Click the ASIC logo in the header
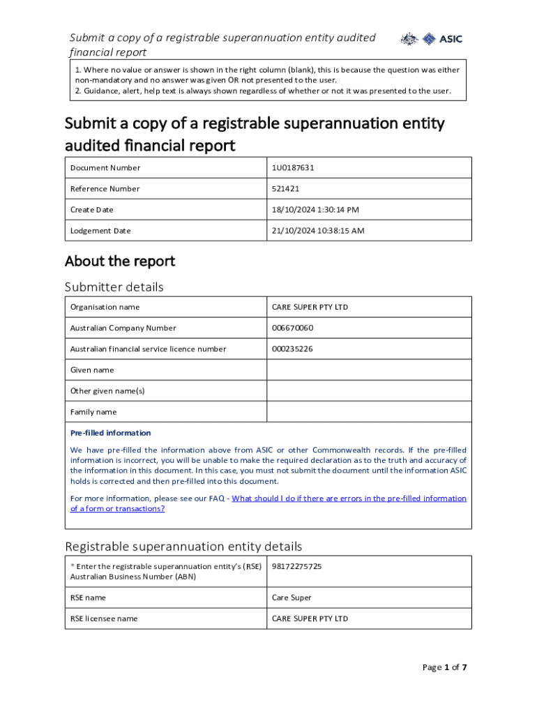[431, 40]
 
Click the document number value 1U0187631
[298, 168]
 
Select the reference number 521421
[285, 189]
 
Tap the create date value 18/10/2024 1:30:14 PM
[315, 210]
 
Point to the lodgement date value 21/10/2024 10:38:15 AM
[318, 231]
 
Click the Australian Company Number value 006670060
[292, 328]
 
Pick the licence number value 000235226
[292, 349]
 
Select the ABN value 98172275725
[296, 567]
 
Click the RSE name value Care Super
[292, 598]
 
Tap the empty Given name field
[369, 370]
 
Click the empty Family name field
[369, 412]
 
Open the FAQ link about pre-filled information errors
[349, 499]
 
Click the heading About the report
[120, 261]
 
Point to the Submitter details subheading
[114, 287]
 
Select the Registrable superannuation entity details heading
[183, 546]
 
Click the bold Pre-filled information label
[110, 433]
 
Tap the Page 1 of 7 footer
[444, 668]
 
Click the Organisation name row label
[105, 307]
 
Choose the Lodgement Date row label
[100, 231]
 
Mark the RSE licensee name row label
[104, 619]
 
